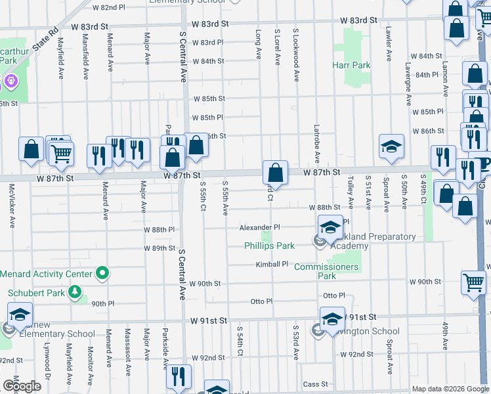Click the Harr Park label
[351, 66]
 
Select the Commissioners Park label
[326, 271]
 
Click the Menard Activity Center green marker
[102, 273]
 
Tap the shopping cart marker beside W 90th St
[473, 282]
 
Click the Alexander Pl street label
[259, 227]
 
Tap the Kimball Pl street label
[272, 264]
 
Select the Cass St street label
[315, 384]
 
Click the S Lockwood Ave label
[297, 55]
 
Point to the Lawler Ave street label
[389, 44]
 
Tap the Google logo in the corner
[22, 386]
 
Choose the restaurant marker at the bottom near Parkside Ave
[177, 376]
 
